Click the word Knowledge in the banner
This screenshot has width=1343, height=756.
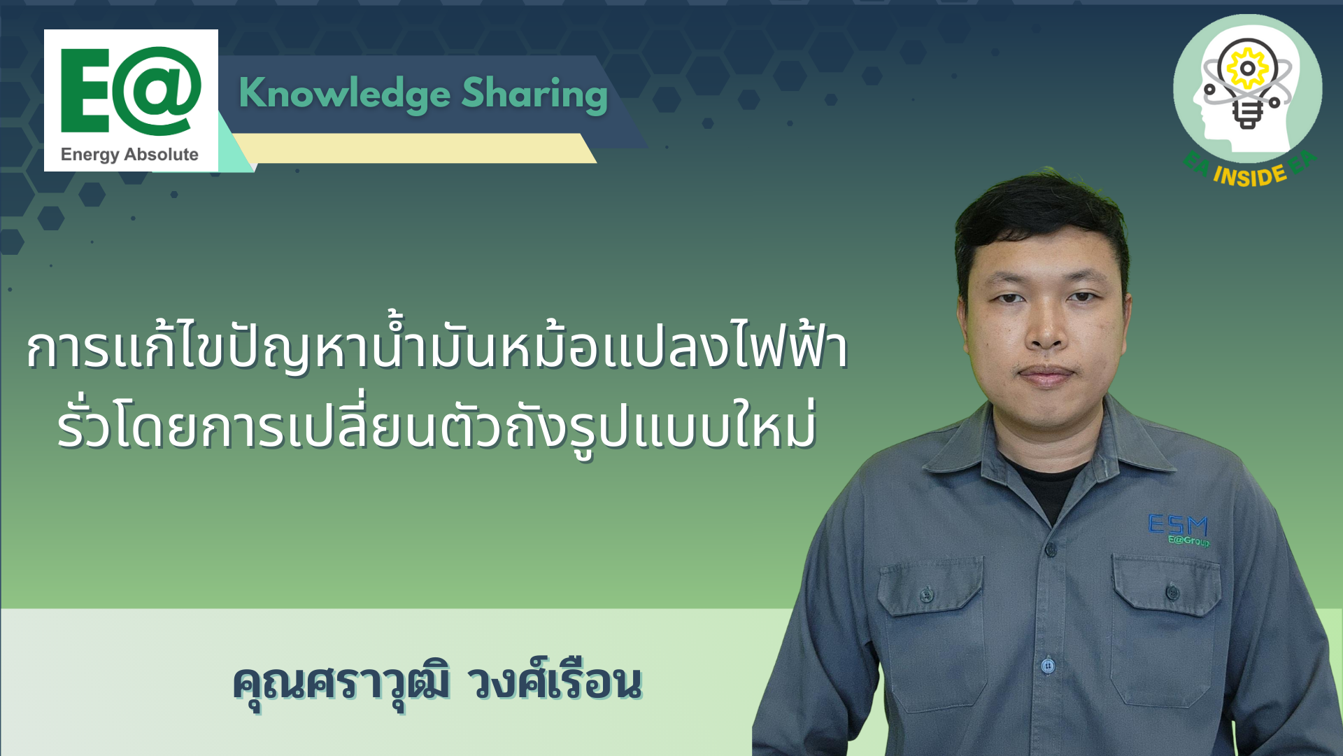pyautogui.click(x=345, y=94)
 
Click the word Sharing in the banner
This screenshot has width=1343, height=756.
pyautogui.click(x=534, y=94)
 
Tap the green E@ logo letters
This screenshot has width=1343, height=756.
pyautogui.click(x=131, y=90)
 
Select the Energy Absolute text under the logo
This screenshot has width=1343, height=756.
pyautogui.click(x=129, y=155)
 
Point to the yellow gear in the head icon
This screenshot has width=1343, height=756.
pyautogui.click(x=1247, y=68)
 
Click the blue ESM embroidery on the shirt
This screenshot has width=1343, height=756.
pyautogui.click(x=1178, y=524)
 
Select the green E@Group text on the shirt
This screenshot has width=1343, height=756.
pyautogui.click(x=1188, y=540)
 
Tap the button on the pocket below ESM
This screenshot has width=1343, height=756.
pyautogui.click(x=1172, y=593)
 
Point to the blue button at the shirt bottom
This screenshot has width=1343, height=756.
pyautogui.click(x=1048, y=665)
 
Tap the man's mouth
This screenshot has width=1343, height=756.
pyautogui.click(x=1046, y=374)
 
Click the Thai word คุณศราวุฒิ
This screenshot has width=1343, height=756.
pyautogui.click(x=341, y=683)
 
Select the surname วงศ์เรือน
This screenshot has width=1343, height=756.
pyautogui.click(x=557, y=679)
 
